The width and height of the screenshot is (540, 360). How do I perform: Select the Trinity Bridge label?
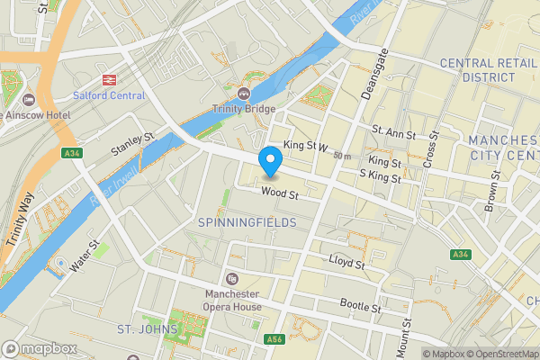tap(242, 110)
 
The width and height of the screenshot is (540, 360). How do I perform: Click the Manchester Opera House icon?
tap(232, 279)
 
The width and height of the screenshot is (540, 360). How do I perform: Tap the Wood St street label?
tap(280, 192)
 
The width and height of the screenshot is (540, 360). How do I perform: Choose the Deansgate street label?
tap(370, 71)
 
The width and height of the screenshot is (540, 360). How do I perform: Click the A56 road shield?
tap(275, 339)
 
